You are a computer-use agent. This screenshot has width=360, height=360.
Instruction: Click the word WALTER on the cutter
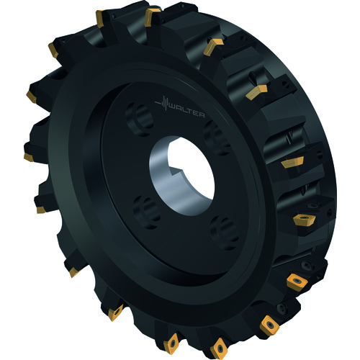coord(187,112)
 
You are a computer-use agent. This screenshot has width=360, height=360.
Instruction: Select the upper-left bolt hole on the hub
coord(140,120)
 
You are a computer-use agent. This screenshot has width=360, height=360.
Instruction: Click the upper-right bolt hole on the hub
coord(217,138)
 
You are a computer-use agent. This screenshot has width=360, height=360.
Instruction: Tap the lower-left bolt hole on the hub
coord(147,212)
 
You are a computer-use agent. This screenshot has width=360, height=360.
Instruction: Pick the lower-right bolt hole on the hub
coord(225,233)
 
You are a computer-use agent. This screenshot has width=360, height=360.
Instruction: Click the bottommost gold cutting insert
coord(219,348)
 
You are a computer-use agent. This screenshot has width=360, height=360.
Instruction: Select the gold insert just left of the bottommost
coord(171,343)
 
